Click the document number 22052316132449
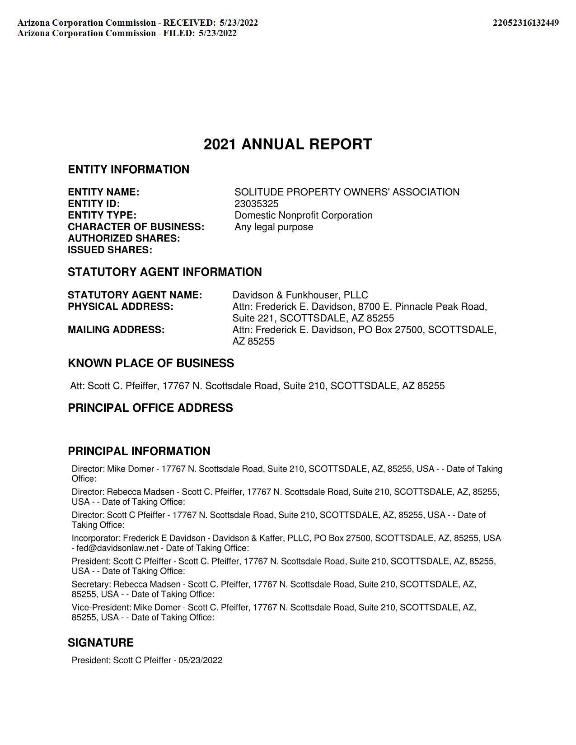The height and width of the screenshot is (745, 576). click(525, 23)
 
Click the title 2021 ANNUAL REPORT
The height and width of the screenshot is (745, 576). click(288, 144)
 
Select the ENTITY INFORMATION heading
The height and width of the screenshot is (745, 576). click(128, 170)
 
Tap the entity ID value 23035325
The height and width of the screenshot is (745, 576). click(256, 204)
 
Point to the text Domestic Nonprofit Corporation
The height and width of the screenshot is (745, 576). click(303, 215)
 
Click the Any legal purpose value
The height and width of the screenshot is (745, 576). click(273, 227)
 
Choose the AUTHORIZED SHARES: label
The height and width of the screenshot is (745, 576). click(124, 238)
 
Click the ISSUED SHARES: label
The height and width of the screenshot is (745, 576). click(110, 250)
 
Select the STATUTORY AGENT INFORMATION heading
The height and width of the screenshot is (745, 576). click(164, 272)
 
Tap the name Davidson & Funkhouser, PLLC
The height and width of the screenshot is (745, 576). click(300, 295)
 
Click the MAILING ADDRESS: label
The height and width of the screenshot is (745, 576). click(116, 330)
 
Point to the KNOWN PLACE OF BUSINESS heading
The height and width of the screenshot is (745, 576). click(151, 363)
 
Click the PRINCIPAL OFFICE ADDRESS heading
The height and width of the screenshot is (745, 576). click(150, 408)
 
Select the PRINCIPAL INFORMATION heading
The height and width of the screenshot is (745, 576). click(139, 452)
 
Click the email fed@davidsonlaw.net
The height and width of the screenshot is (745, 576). click(117, 548)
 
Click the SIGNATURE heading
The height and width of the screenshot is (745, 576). click(100, 643)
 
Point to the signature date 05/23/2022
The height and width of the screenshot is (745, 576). click(200, 661)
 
